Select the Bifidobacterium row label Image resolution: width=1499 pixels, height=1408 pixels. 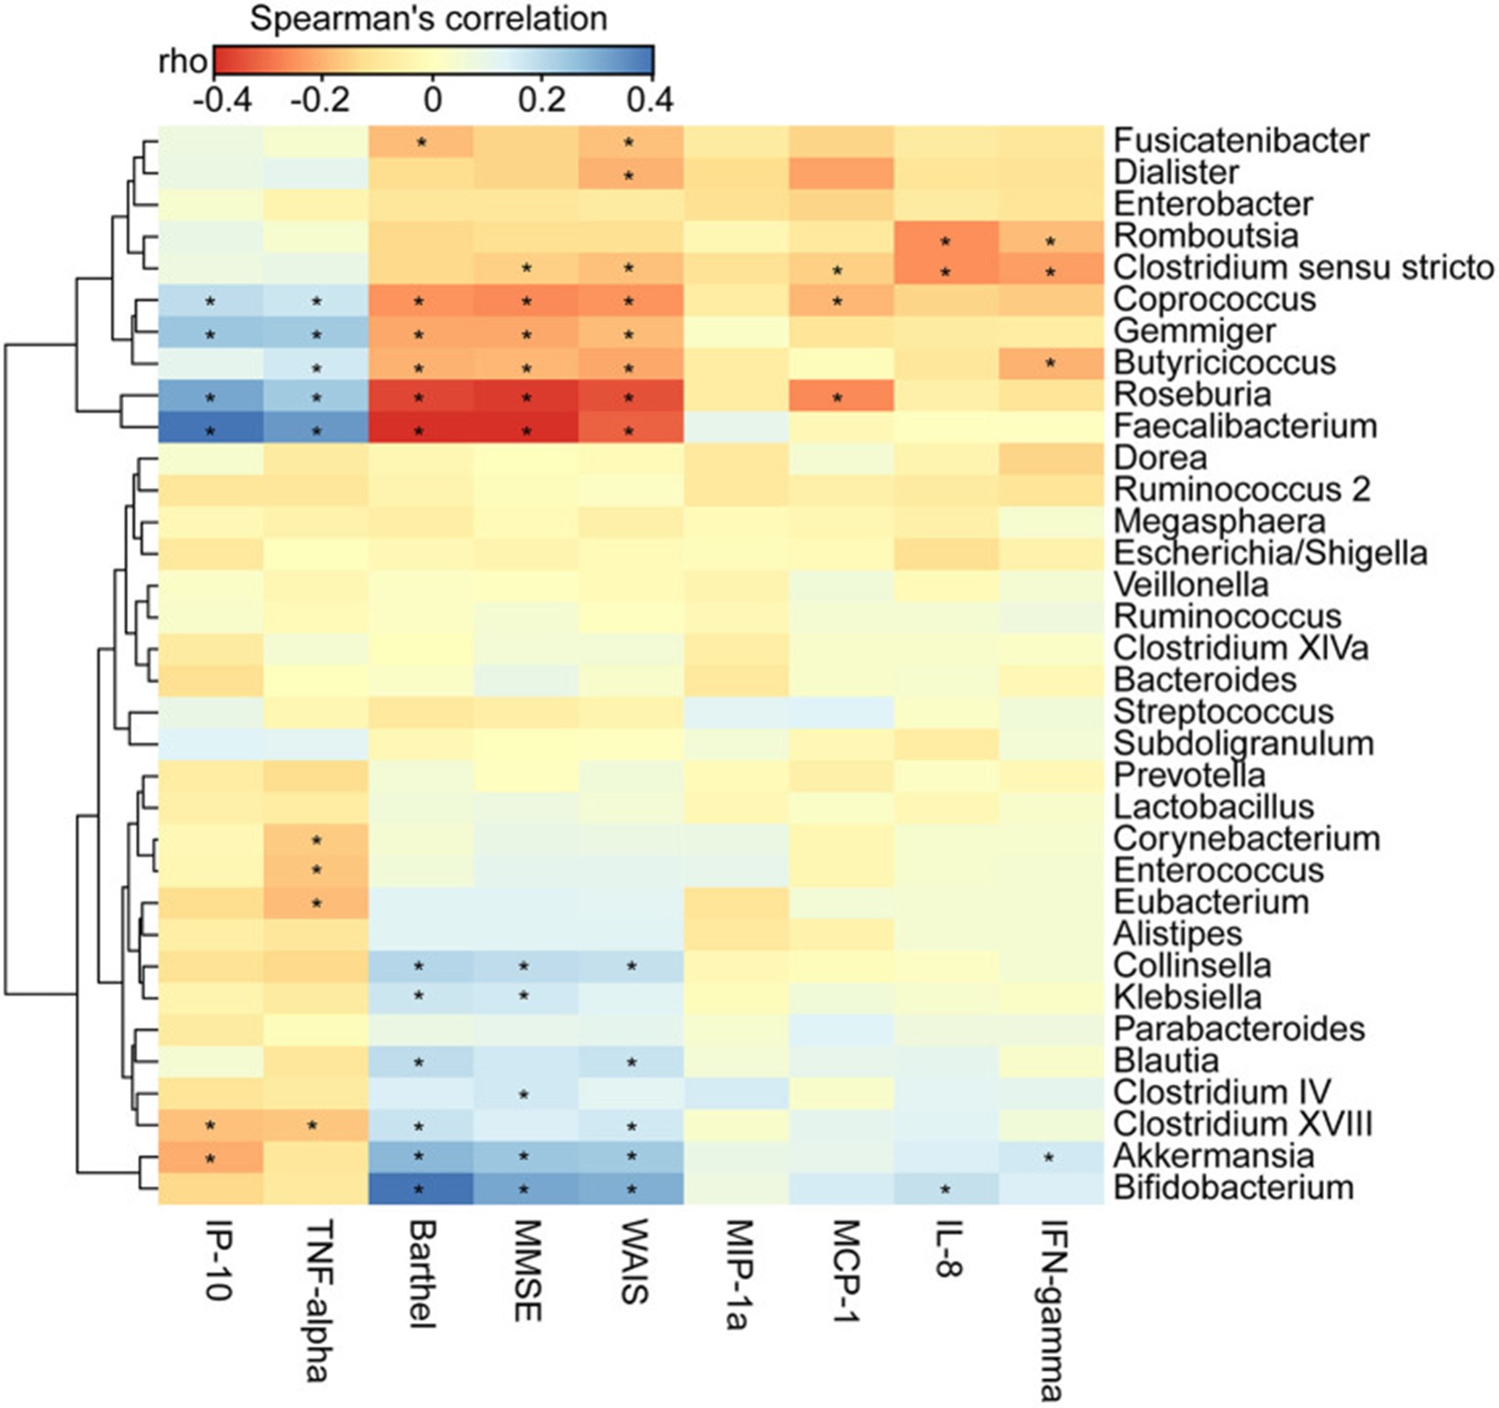(1233, 1187)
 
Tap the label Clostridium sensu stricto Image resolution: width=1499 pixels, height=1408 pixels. (1303, 268)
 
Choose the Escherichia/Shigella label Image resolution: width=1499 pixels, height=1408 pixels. (1270, 553)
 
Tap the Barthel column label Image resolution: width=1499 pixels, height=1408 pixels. (421, 1275)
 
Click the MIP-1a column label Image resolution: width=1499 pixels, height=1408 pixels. (736, 1275)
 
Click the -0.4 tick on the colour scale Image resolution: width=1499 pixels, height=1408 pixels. (223, 100)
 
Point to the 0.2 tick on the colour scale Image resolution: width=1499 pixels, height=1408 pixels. (542, 100)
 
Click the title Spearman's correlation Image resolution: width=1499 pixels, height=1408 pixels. (428, 19)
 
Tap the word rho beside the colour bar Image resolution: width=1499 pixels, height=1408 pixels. (183, 62)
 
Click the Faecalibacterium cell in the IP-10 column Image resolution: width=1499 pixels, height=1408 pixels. (211, 426)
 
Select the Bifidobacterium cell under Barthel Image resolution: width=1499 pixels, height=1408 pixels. (421, 1187)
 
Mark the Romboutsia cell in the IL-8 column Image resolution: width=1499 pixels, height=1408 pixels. (945, 236)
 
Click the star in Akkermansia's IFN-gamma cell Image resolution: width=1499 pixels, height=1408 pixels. (1050, 1157)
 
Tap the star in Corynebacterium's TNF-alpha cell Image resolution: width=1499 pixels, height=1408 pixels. (316, 840)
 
